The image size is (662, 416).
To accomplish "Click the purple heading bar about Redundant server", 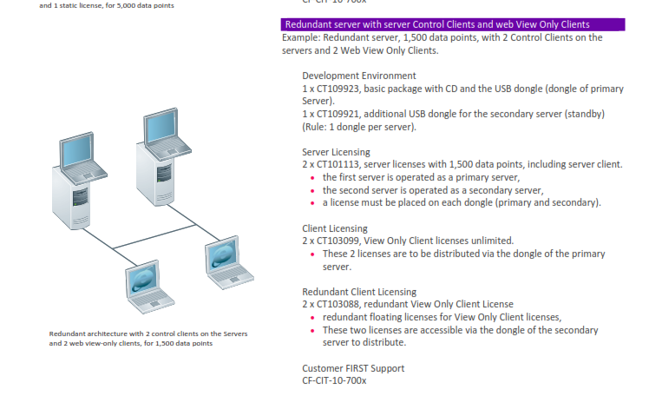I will (452, 24).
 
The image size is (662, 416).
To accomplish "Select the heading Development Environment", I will (358, 76).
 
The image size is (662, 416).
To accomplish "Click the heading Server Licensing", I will (336, 152).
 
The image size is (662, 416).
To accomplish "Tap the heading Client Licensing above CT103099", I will (334, 228).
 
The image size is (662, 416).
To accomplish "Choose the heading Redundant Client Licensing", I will (358, 292).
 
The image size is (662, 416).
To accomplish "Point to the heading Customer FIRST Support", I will (352, 367).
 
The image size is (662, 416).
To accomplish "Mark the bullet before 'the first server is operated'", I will (312, 178).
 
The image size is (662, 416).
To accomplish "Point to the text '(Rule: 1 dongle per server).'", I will (359, 127).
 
